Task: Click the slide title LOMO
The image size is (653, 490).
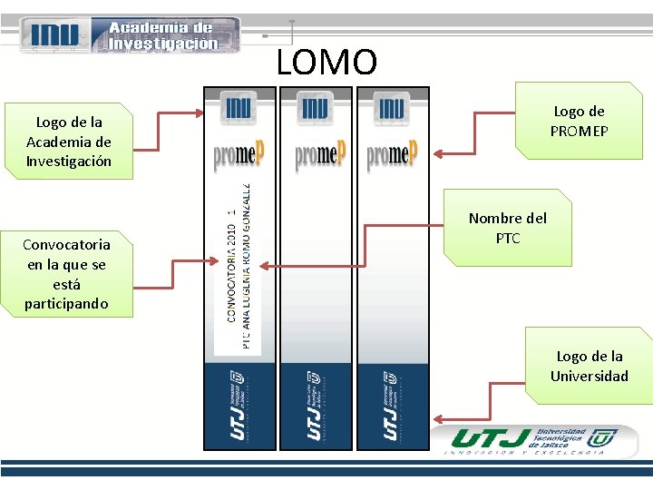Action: point(326,63)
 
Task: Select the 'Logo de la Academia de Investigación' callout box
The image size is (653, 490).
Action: point(69,141)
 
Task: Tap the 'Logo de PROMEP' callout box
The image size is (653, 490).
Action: point(579,121)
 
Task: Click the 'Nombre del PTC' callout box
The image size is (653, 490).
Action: point(508,228)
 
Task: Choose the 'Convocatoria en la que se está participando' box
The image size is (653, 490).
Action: point(66,273)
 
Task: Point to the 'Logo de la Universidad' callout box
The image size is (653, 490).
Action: point(590,366)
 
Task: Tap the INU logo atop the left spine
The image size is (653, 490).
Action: point(238,108)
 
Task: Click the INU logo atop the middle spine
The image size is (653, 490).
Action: point(315,108)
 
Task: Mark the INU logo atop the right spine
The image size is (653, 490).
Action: point(392,108)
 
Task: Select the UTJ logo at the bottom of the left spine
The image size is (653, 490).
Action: point(239,405)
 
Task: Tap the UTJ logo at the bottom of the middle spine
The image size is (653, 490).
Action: point(315,405)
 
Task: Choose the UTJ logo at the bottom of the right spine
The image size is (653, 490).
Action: point(392,405)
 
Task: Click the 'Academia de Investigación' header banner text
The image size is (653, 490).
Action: point(163,35)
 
